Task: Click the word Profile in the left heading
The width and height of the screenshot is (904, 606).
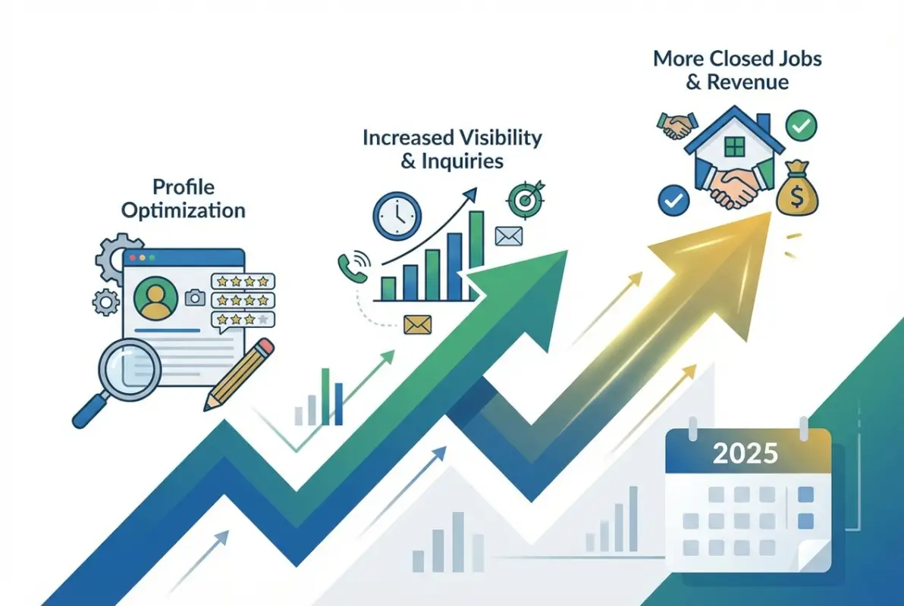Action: click(x=184, y=186)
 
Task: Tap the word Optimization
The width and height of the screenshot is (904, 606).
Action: click(x=184, y=209)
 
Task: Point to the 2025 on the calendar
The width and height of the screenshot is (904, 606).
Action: click(x=746, y=454)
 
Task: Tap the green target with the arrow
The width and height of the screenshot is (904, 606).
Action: click(x=523, y=199)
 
